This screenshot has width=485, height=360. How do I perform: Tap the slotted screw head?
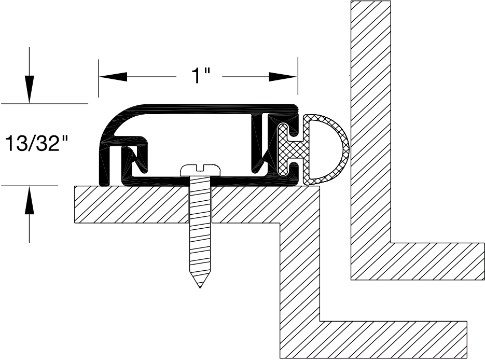pos(200,169)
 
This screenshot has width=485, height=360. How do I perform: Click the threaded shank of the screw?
pos(200,228)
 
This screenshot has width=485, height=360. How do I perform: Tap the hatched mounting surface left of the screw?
pos(130,204)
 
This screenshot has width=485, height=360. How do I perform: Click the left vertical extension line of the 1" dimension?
pos(99,78)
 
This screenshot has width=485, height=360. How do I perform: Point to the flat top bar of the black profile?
pos(207,108)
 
